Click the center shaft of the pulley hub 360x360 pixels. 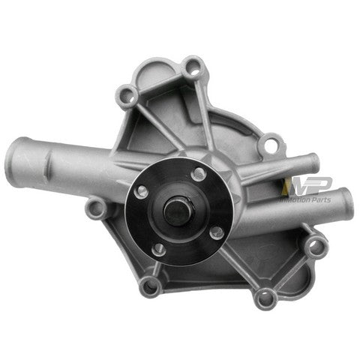178,211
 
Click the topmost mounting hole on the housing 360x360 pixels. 194,69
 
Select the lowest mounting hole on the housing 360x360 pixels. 264,298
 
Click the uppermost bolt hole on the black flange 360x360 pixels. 198,174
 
